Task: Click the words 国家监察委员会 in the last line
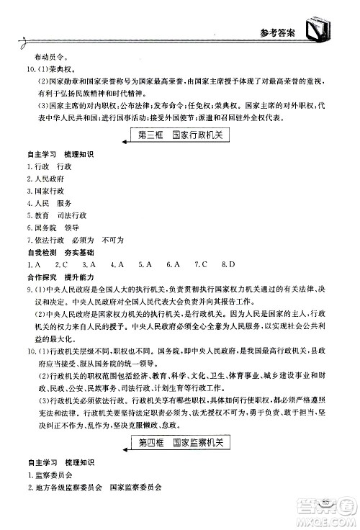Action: (135, 488)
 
